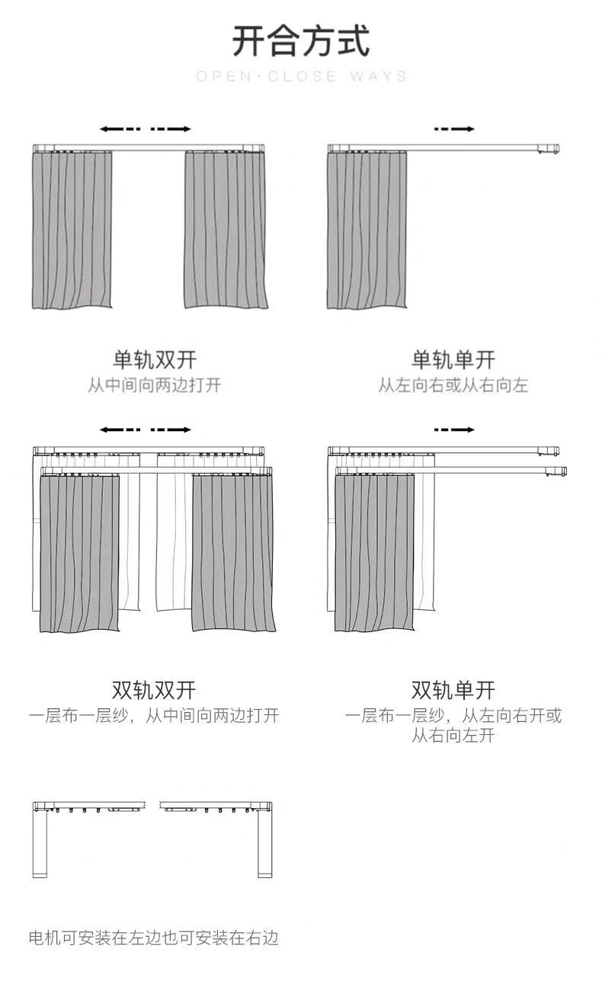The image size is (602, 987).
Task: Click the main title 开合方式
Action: coord(301,41)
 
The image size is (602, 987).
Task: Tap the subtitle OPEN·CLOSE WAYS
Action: coord(301,76)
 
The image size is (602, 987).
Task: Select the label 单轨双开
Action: coord(155,359)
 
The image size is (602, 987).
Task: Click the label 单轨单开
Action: coord(453,359)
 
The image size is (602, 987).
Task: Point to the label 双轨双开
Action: coord(154,690)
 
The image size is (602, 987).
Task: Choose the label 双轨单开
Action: coord(453,690)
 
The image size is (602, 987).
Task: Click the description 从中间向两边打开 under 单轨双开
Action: coord(154,385)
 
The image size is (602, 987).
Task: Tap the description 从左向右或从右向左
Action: coord(453,385)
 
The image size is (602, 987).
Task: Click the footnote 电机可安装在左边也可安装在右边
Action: coord(153,937)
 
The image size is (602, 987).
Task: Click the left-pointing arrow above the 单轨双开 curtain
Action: coord(120,129)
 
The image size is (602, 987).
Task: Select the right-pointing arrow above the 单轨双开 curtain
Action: coord(171,129)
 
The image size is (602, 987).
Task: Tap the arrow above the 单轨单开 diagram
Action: coord(454,129)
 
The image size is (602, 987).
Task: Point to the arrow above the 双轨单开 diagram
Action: coord(454,430)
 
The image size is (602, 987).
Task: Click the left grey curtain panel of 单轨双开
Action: coord(72,229)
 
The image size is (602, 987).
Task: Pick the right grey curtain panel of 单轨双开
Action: coord(226,229)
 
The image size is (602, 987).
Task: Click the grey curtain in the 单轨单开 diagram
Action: coord(367,229)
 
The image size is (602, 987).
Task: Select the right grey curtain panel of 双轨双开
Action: coord(234,553)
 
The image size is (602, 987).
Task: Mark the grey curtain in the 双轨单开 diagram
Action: coord(374,553)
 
